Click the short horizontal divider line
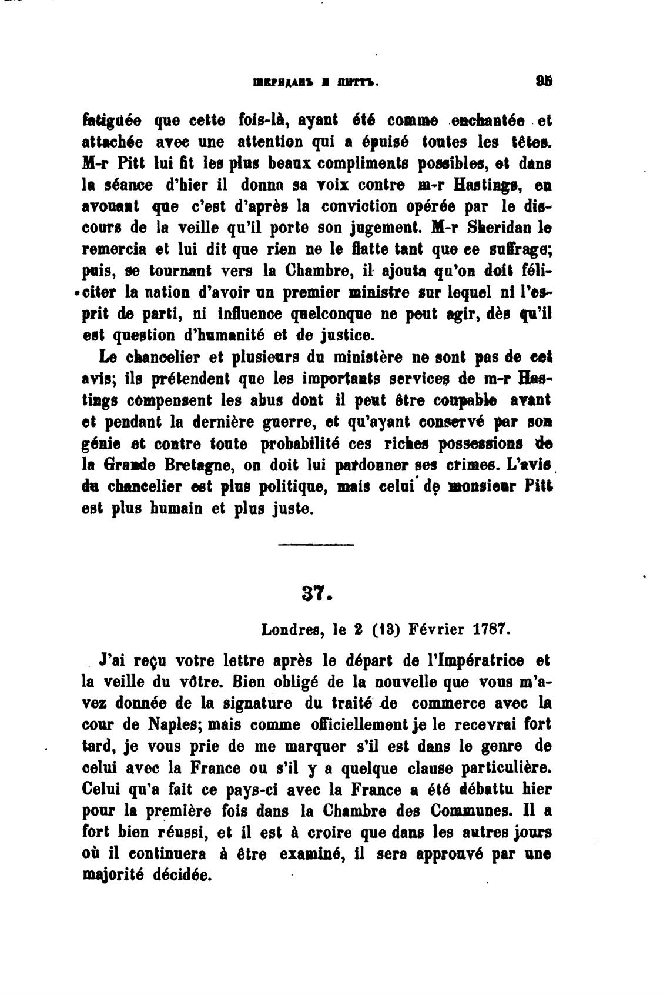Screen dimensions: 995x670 click(x=316, y=544)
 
